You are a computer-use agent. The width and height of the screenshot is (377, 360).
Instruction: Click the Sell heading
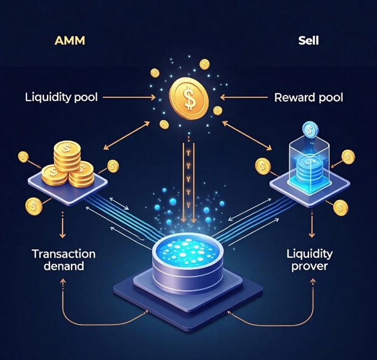309,42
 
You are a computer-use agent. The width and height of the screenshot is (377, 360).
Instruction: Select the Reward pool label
308,97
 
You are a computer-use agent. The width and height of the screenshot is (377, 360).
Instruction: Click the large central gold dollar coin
189,99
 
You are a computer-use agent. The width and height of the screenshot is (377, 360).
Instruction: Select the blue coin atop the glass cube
310,130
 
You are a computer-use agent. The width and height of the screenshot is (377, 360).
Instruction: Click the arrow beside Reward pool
242,96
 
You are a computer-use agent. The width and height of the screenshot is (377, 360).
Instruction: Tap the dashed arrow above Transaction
63,228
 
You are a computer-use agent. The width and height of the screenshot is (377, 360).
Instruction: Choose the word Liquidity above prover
310,254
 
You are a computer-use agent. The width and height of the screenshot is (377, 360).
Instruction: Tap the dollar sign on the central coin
189,99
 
